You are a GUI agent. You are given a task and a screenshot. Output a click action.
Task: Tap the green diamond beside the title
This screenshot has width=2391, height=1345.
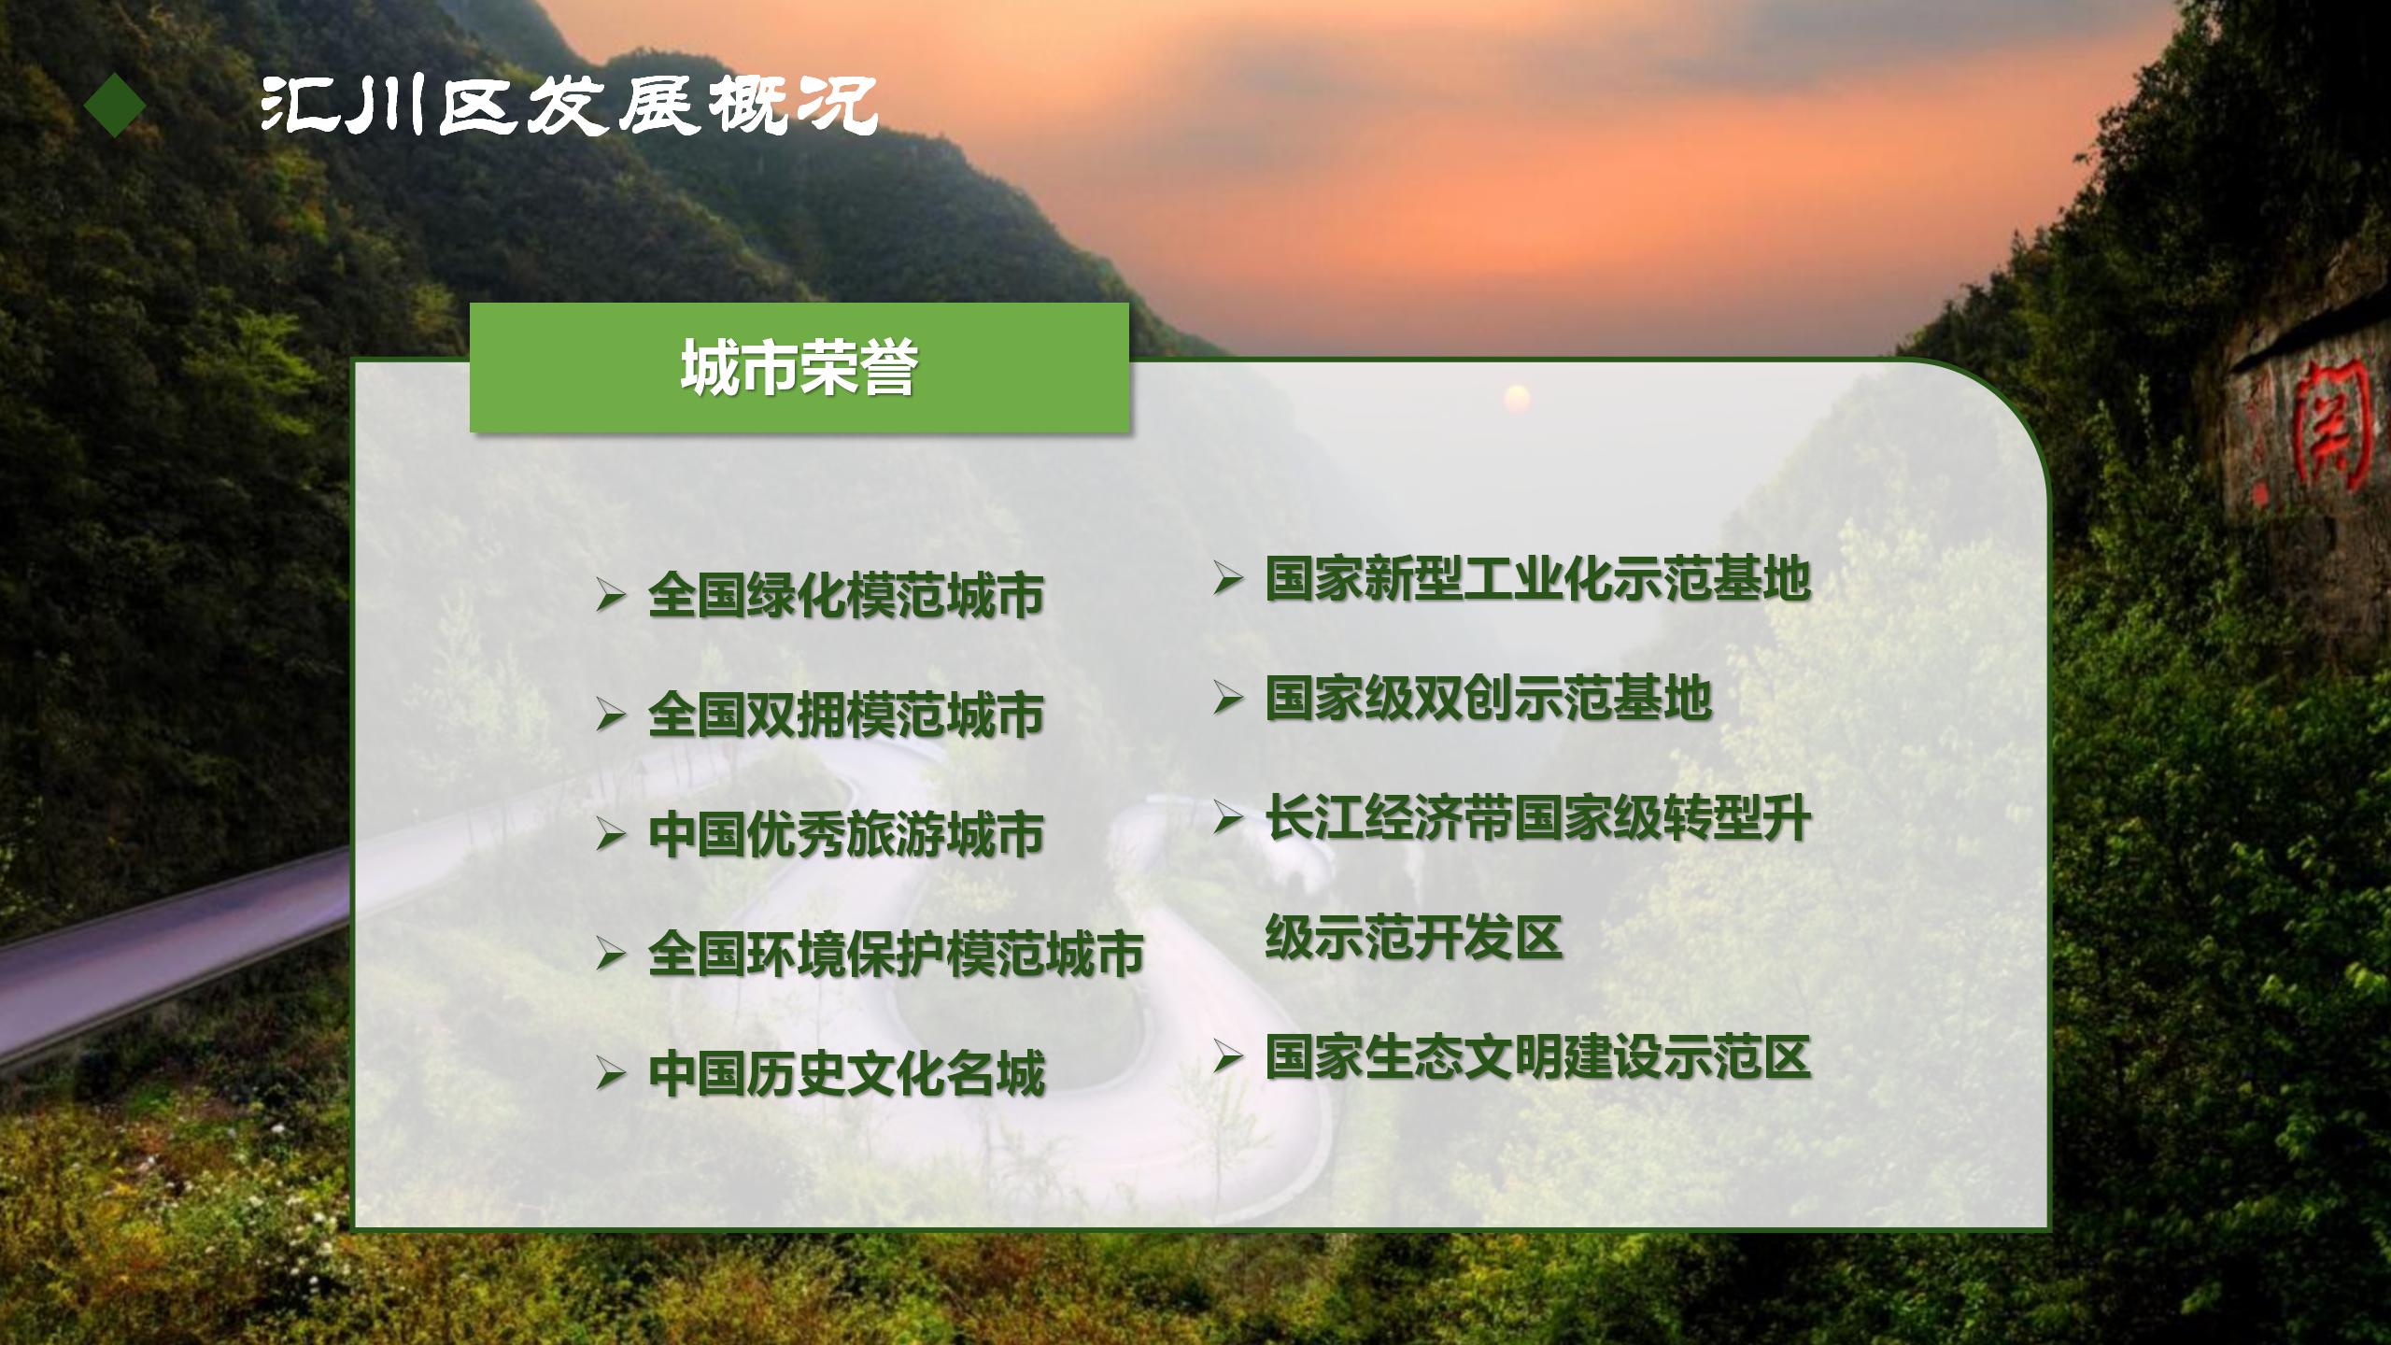click(115, 106)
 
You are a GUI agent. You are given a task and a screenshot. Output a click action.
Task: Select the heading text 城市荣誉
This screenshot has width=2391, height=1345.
click(799, 367)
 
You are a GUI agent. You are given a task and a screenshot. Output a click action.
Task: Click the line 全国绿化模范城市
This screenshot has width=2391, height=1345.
click(846, 595)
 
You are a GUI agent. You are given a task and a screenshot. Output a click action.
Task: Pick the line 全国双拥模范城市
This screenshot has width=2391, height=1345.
click(846, 715)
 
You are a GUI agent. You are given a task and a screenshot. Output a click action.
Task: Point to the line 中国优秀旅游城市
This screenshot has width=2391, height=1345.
click(846, 834)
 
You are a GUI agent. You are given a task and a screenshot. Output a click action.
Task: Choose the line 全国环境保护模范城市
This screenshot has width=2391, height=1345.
click(896, 954)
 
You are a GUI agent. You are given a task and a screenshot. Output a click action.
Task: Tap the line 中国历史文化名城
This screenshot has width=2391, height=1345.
click(846, 1073)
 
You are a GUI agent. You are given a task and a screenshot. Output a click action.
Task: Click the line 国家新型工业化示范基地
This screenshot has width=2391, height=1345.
click(1538, 578)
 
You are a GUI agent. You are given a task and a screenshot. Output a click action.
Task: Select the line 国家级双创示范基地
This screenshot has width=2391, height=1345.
click(1489, 698)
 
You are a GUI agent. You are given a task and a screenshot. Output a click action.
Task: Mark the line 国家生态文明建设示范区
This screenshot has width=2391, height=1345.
click(1538, 1056)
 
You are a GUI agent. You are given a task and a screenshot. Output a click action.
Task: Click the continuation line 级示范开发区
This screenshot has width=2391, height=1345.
click(1414, 937)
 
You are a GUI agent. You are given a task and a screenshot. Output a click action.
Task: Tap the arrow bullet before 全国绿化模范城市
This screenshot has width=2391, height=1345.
click(610, 595)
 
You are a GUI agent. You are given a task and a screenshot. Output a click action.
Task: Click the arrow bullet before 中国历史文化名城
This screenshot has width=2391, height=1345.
click(610, 1073)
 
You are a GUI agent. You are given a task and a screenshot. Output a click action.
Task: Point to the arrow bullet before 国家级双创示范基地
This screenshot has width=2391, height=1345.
click(1227, 698)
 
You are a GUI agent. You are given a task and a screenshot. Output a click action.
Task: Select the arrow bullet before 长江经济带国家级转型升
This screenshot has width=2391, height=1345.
click(1227, 817)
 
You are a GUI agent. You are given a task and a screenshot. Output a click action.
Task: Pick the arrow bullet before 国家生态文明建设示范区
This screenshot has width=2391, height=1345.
click(1227, 1056)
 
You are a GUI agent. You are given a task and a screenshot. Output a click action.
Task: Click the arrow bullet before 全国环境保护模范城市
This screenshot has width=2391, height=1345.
click(610, 954)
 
